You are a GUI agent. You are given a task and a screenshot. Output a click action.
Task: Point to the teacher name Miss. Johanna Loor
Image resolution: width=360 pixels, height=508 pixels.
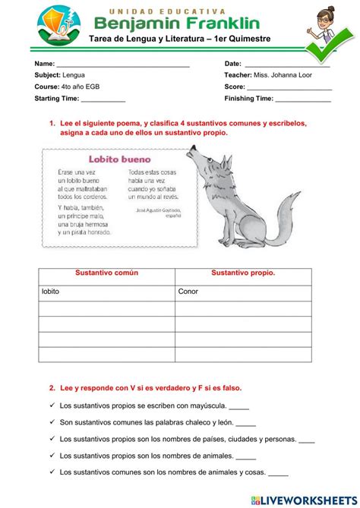(298, 76)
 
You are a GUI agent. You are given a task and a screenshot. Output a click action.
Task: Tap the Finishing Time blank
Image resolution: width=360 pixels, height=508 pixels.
(303, 100)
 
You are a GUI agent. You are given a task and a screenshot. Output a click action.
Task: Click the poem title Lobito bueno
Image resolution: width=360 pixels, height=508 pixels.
(119, 160)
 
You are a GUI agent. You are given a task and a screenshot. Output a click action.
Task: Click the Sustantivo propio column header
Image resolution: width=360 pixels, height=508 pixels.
(243, 273)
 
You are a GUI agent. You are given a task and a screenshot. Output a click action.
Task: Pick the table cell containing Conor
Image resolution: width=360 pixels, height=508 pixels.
(243, 292)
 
